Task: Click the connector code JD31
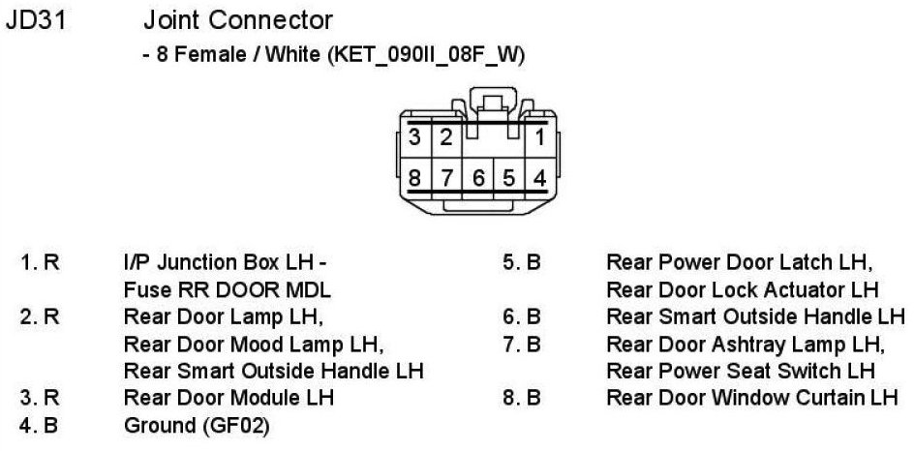36,20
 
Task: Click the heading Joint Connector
237,20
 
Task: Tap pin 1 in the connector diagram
539,137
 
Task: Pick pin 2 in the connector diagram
446,137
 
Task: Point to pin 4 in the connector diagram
539,178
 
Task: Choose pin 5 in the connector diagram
508,178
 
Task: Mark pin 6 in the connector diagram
477,178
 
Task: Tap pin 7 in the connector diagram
446,178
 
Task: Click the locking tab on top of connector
493,102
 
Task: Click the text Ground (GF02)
197,425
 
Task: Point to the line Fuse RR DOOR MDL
227,289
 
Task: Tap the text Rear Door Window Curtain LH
752,398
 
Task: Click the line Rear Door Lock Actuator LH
742,289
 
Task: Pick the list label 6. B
522,316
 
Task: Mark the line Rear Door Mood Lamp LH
255,344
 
